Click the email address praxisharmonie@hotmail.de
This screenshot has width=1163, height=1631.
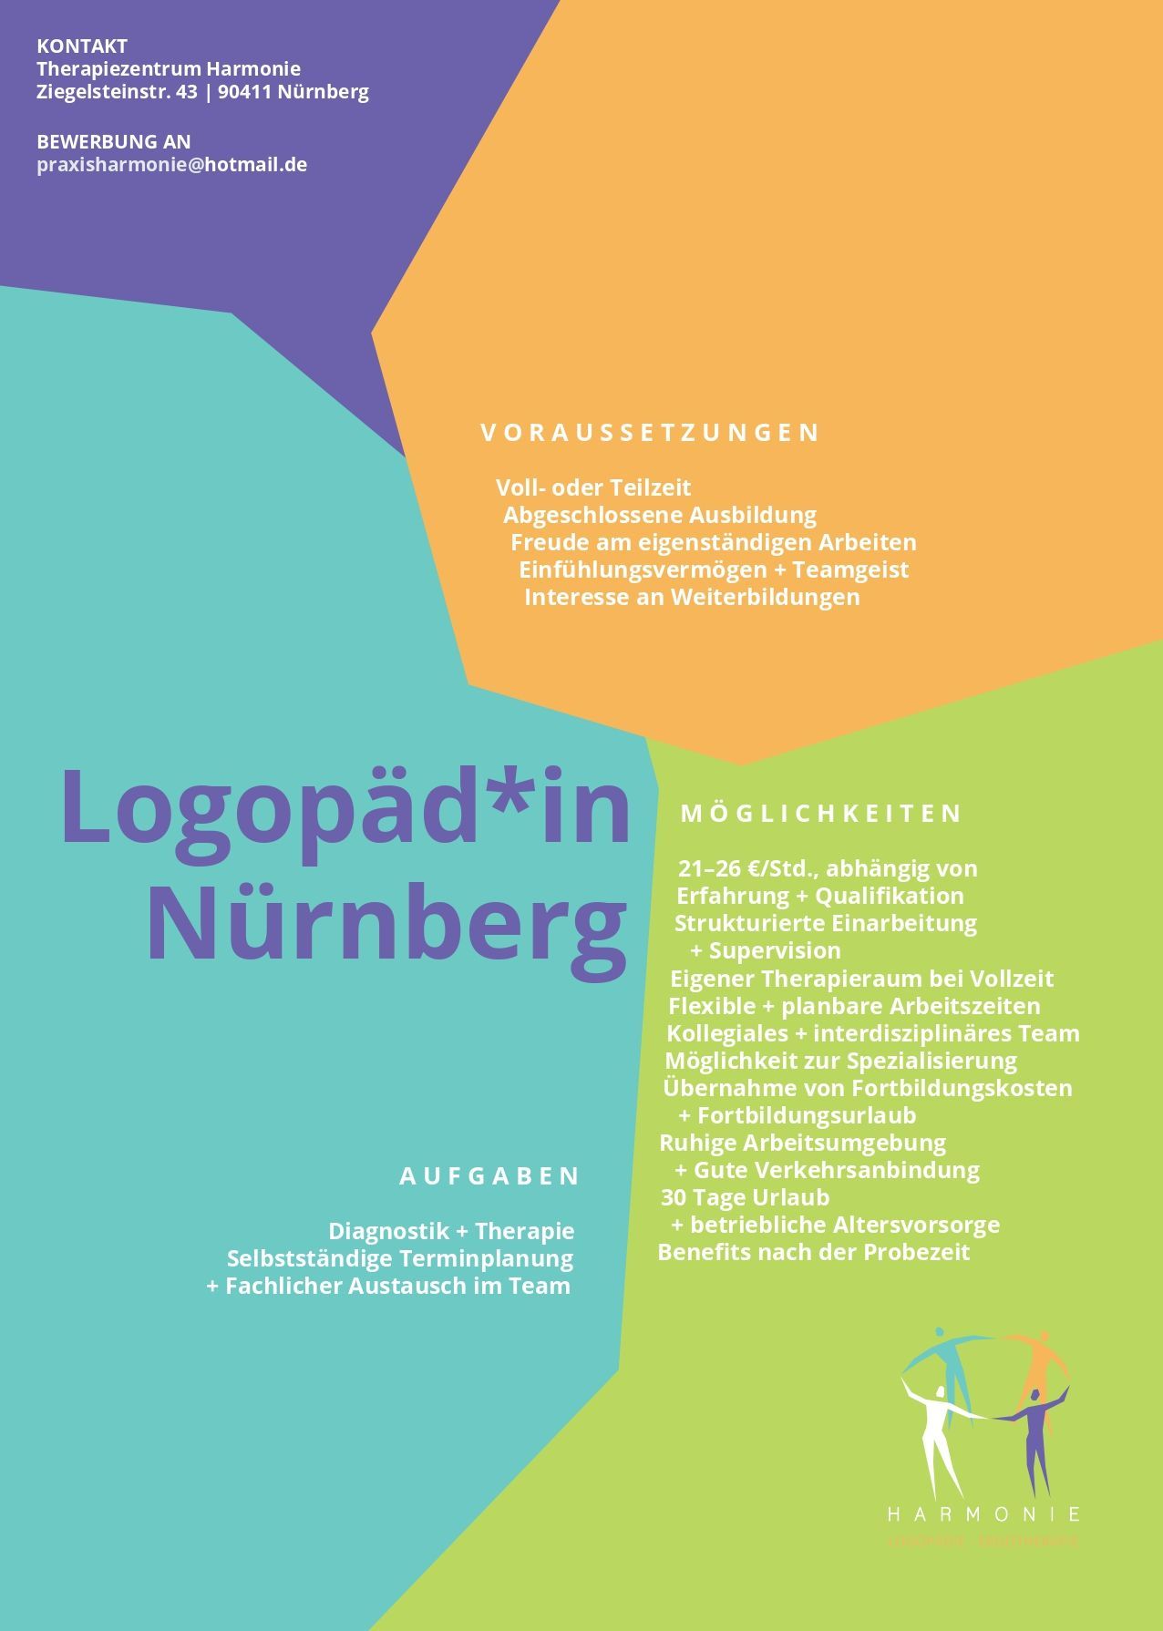(x=171, y=165)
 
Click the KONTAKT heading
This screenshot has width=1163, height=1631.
(x=82, y=46)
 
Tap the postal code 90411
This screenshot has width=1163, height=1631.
(x=244, y=91)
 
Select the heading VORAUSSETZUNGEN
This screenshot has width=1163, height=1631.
(x=650, y=432)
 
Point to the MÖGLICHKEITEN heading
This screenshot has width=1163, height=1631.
(x=821, y=813)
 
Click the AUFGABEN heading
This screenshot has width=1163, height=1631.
(x=489, y=1175)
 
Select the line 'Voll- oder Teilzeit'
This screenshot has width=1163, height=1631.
(x=593, y=487)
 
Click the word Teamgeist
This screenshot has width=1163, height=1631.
(x=850, y=569)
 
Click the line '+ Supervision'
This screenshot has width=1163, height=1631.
(x=766, y=950)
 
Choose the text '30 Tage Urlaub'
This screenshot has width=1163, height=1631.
(x=745, y=1197)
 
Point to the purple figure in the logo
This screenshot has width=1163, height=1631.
(x=1034, y=1440)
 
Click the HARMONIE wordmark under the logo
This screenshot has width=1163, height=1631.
(x=983, y=1514)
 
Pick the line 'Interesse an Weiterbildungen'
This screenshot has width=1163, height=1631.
(x=692, y=597)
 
